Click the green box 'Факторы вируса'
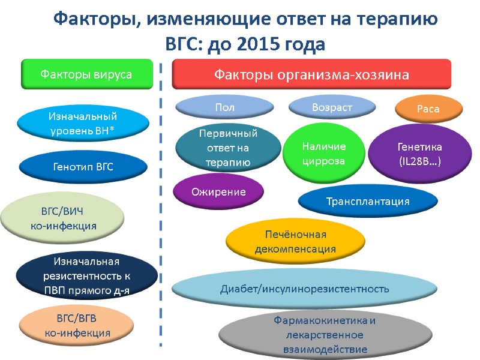[85, 74]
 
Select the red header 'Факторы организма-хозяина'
[311, 75]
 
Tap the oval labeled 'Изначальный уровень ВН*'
[82, 122]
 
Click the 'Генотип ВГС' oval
[82, 167]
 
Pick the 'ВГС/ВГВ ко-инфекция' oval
[76, 325]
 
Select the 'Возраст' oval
[332, 107]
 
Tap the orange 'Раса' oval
[428, 109]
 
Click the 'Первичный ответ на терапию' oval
[228, 147]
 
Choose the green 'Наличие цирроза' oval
[323, 154]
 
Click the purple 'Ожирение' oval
[218, 192]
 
